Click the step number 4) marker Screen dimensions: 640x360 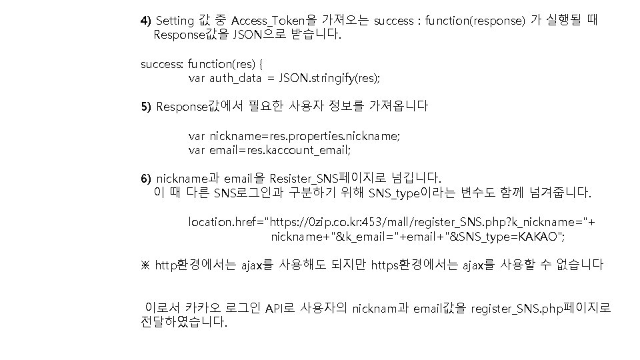click(145, 21)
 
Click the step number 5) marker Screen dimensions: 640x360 click(145, 107)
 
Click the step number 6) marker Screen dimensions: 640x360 click(145, 179)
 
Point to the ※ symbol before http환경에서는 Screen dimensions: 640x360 click(145, 265)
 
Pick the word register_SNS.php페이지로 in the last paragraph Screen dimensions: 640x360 click(541, 308)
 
